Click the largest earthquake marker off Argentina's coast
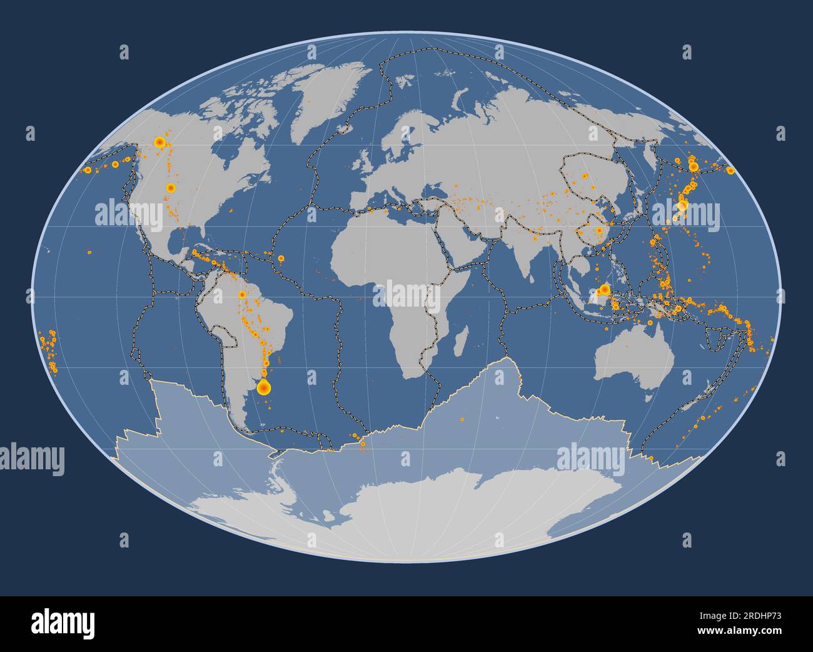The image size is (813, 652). (264, 388)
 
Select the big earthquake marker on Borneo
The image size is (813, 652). (604, 290)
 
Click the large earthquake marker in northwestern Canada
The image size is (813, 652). (159, 143)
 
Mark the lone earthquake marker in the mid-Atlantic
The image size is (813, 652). (281, 258)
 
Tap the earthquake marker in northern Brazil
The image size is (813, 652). (241, 294)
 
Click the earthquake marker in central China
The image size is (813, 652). (599, 230)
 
